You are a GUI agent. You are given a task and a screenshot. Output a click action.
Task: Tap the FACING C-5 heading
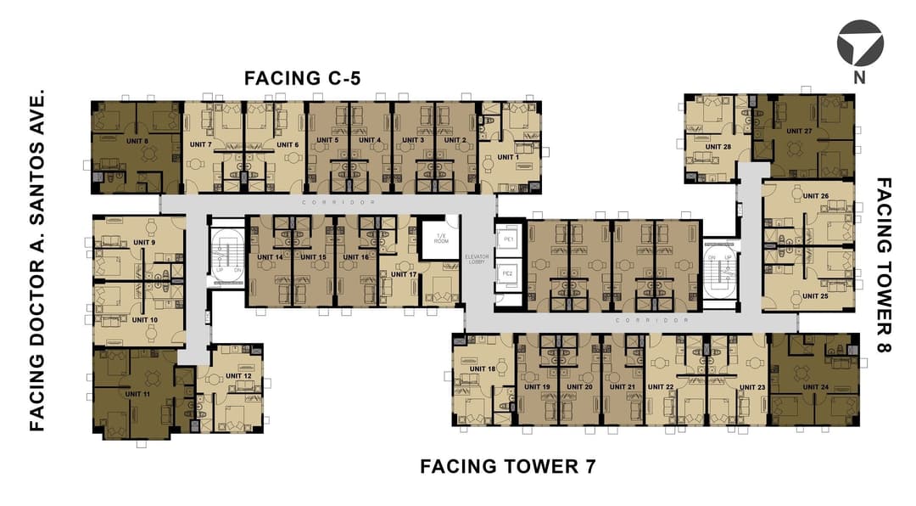(303, 79)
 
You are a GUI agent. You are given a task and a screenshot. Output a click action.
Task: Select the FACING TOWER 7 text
(508, 466)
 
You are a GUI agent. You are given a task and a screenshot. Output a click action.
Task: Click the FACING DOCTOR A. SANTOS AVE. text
(36, 262)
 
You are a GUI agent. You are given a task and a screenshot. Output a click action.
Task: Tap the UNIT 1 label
(508, 157)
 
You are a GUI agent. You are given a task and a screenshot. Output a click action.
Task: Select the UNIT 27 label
(799, 132)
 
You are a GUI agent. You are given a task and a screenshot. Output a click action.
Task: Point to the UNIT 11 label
(137, 394)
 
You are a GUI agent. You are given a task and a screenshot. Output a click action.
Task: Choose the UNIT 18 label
(481, 369)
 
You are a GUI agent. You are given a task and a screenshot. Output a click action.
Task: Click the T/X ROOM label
(440, 238)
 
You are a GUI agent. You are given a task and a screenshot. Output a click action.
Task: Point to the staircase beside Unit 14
(226, 256)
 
